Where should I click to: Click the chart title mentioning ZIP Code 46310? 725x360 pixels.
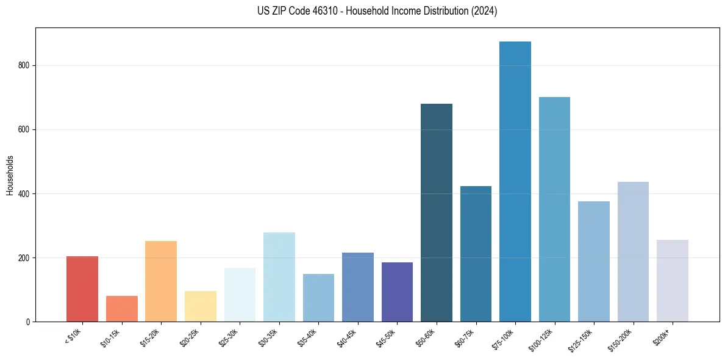[362, 11]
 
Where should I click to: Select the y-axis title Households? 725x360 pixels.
[10, 175]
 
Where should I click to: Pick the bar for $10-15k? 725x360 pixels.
[121, 309]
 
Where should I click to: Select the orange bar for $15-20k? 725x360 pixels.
[161, 281]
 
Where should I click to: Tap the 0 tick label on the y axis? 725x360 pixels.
[28, 322]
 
